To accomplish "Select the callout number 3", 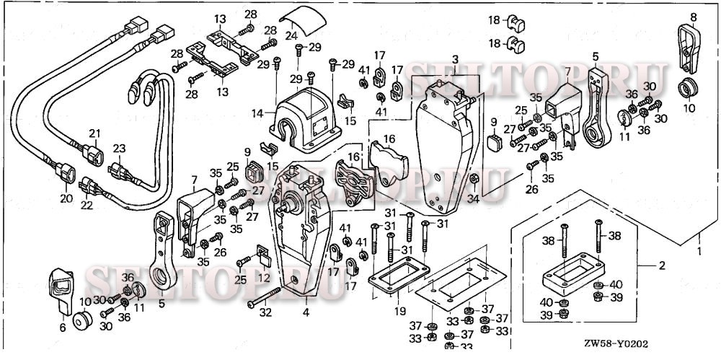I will click(x=455, y=58).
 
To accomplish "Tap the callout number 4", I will click(x=306, y=312).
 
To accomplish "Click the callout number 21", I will click(x=93, y=133).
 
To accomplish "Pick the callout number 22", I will click(x=87, y=206).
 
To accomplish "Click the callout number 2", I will click(x=661, y=265).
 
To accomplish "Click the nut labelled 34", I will click(x=474, y=178).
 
